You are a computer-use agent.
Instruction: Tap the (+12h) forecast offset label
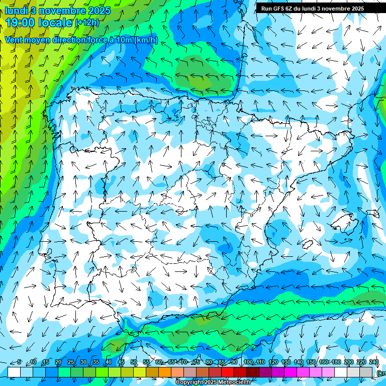point(87,22)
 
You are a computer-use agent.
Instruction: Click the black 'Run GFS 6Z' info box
point(313,8)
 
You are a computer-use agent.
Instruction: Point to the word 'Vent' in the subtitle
point(15,40)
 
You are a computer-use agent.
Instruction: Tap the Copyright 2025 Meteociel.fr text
point(213,382)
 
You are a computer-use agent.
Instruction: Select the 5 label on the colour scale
point(19,362)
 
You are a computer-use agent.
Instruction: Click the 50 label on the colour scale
point(134,362)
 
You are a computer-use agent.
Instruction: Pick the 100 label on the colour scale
point(248,362)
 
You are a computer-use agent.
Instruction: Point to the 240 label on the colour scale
point(374,362)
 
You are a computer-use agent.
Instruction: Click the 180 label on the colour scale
point(336,362)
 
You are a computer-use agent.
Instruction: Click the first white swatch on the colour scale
point(14,372)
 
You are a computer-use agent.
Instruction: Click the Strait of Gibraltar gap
point(127,335)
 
